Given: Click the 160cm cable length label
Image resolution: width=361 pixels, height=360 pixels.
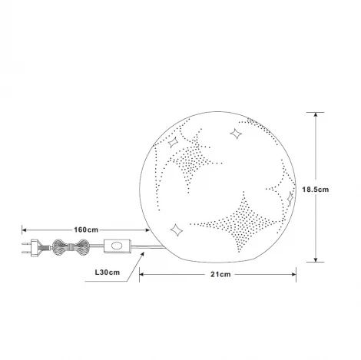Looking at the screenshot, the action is (86, 230).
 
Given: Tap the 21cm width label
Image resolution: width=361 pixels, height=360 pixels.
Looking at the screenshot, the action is (220, 274).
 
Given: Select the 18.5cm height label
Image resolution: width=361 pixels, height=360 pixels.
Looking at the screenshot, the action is (316, 190).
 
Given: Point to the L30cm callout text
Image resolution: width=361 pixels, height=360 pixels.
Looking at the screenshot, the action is (108, 272).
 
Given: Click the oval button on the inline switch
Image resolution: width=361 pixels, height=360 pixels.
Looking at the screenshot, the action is (117, 246).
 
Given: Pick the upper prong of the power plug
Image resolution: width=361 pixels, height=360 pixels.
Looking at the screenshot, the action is (26, 243).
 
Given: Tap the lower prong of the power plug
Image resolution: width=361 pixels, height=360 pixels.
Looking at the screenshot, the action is (26, 252).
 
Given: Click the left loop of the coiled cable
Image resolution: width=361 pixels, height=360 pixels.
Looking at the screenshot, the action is (60, 247).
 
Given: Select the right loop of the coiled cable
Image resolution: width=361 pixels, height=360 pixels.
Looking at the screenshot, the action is (83, 247).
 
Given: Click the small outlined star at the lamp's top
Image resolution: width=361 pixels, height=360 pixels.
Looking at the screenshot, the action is (236, 134).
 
